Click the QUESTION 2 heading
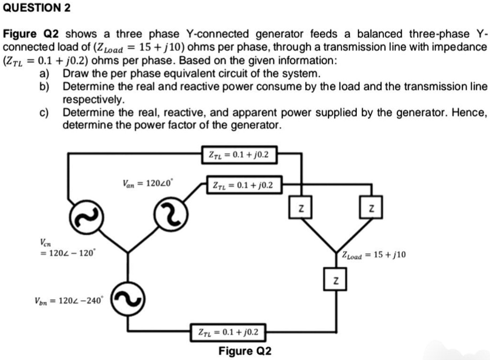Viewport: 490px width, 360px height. (37, 8)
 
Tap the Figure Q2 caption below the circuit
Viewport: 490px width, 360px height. (245, 351)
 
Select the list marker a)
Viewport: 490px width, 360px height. (45, 74)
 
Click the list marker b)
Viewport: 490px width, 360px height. (45, 87)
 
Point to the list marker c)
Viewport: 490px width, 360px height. (45, 113)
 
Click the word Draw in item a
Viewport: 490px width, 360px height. (75, 74)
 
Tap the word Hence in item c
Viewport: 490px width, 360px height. (469, 113)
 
